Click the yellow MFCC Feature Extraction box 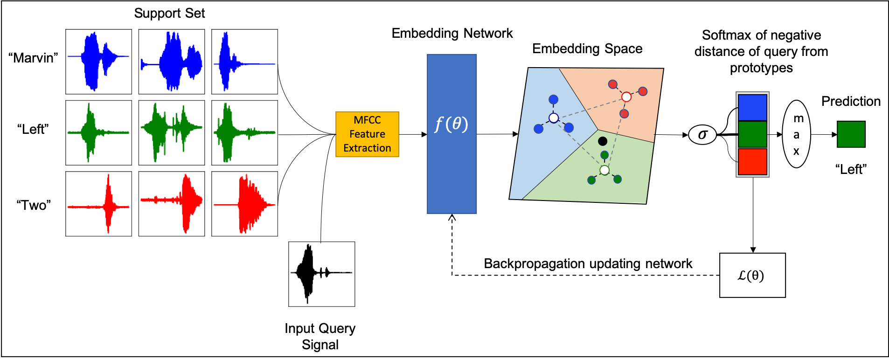click(x=367, y=134)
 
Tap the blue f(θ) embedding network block click(x=451, y=134)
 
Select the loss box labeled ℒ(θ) click(x=752, y=275)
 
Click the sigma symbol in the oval click(x=702, y=135)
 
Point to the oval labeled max click(x=796, y=134)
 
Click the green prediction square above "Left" click(x=851, y=134)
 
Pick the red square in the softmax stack click(x=752, y=161)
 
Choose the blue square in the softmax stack click(x=752, y=107)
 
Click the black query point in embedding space click(x=603, y=141)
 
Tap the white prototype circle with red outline click(x=626, y=97)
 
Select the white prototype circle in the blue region click(x=554, y=118)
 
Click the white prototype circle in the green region click(x=604, y=170)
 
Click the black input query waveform click(x=321, y=274)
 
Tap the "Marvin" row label click(x=33, y=58)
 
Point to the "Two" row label click(x=34, y=205)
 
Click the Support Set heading click(x=169, y=13)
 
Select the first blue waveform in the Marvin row click(x=98, y=62)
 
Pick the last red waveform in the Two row click(x=244, y=204)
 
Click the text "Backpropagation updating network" click(x=588, y=263)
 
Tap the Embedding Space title click(x=587, y=48)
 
